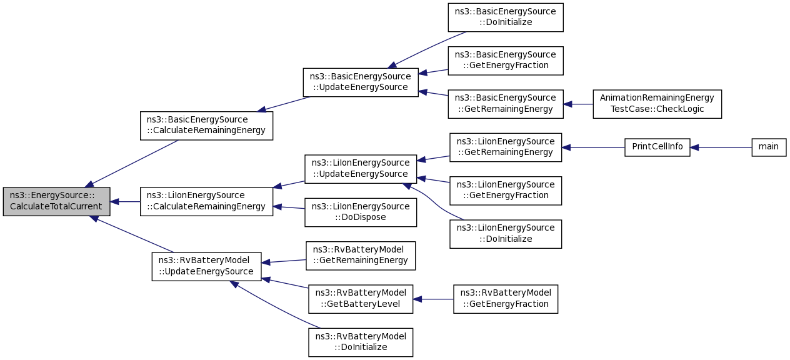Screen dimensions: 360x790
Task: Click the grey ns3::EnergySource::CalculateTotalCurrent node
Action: click(x=56, y=202)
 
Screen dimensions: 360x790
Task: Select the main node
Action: click(x=768, y=147)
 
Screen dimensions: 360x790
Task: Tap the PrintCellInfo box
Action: click(x=657, y=147)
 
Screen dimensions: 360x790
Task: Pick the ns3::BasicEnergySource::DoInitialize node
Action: click(x=506, y=17)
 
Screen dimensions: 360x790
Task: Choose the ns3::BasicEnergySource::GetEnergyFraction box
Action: click(x=506, y=61)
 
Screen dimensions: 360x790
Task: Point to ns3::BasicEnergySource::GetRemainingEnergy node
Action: click(x=506, y=104)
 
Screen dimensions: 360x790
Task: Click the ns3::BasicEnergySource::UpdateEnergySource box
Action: click(x=360, y=82)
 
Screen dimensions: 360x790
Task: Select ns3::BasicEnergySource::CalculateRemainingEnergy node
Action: click(x=206, y=125)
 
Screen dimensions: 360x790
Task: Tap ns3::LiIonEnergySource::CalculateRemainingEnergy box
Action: click(x=206, y=202)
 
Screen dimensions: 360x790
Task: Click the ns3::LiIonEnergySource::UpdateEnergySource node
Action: click(x=361, y=169)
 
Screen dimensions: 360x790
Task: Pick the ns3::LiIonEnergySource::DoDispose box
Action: click(x=361, y=212)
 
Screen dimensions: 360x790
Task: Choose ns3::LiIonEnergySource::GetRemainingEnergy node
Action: click(x=506, y=147)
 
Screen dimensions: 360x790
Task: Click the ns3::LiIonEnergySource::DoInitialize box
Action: click(x=506, y=234)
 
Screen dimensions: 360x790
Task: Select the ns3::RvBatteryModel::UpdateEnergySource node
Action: click(x=206, y=266)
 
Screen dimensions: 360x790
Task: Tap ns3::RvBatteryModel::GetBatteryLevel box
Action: click(x=361, y=299)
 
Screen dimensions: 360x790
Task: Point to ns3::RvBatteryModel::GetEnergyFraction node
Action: click(x=506, y=299)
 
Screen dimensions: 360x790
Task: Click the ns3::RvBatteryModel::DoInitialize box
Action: click(x=361, y=342)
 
